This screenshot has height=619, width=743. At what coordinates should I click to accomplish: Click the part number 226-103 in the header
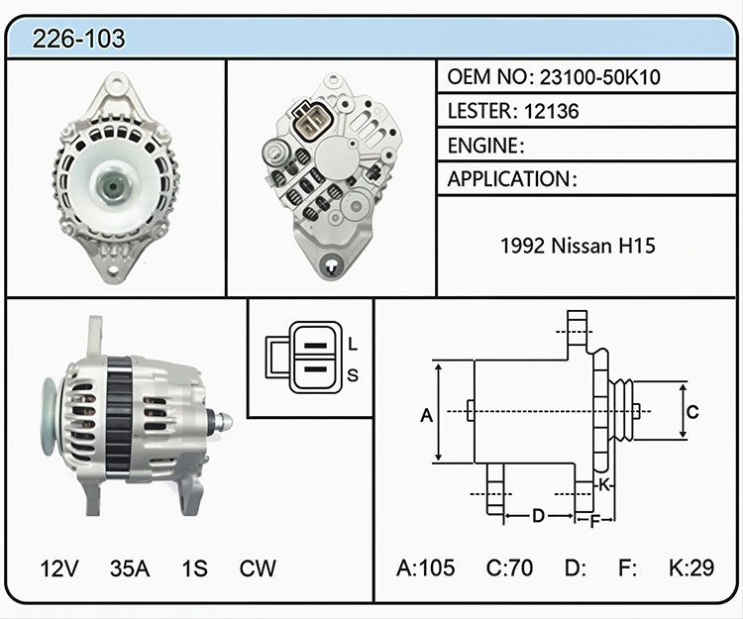pyautogui.click(x=78, y=39)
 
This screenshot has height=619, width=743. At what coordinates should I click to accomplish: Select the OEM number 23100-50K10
pyautogui.click(x=600, y=77)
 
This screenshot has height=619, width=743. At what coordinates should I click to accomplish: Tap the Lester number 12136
pyautogui.click(x=552, y=111)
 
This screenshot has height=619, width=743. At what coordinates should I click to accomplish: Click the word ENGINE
pyautogui.click(x=483, y=146)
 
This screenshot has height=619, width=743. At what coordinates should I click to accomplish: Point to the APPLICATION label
pyautogui.click(x=509, y=179)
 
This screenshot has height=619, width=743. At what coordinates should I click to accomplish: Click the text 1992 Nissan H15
pyautogui.click(x=579, y=246)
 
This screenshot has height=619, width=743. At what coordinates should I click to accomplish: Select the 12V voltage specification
pyautogui.click(x=59, y=568)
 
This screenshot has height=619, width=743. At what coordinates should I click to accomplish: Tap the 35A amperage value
pyautogui.click(x=130, y=568)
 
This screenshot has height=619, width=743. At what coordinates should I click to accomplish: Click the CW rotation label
pyautogui.click(x=258, y=568)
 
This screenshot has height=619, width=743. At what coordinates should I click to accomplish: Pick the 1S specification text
pyautogui.click(x=195, y=568)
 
